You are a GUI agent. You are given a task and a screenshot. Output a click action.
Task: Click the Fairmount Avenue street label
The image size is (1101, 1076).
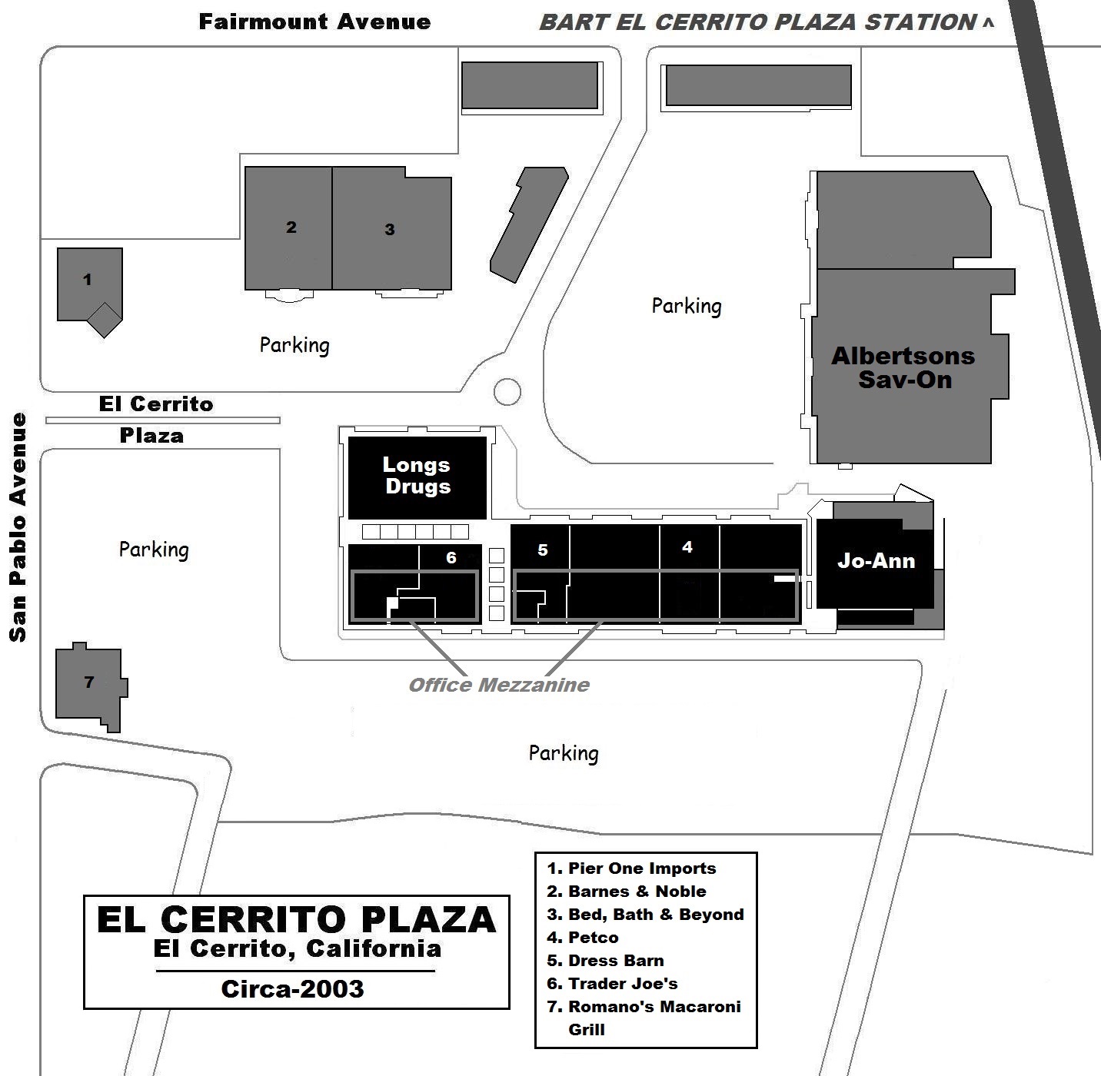(314, 22)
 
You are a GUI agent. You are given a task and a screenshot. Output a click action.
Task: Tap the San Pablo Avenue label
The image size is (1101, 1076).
(18, 527)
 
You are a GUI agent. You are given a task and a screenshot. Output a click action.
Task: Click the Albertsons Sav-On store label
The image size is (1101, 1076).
(903, 367)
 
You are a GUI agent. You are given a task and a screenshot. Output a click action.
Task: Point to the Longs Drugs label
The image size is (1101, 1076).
(417, 476)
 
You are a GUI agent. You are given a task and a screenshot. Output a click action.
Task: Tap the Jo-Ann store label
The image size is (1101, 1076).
(876, 561)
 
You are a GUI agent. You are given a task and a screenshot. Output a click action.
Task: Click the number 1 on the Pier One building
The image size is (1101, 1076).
(87, 279)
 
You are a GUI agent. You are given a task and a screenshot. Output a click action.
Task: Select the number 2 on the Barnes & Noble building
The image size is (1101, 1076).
(291, 227)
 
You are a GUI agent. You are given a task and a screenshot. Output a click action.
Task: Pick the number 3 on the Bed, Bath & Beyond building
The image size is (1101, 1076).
(389, 230)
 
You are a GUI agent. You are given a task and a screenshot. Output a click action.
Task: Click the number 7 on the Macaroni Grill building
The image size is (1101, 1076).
(89, 682)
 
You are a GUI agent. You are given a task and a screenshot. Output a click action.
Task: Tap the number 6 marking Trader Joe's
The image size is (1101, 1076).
(451, 558)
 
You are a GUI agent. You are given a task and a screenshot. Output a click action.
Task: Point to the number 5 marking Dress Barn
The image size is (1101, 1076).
(543, 550)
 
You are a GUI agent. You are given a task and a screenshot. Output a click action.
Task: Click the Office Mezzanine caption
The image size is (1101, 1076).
(499, 686)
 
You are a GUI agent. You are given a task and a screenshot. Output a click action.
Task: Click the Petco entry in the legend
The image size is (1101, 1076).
(583, 938)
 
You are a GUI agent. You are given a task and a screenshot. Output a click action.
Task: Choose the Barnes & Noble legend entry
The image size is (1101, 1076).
(627, 891)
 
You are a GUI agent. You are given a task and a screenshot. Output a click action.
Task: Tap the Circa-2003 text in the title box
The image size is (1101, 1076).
(292, 989)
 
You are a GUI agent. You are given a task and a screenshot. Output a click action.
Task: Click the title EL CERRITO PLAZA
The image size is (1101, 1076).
(297, 919)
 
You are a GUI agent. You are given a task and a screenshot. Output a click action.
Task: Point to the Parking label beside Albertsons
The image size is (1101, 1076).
(687, 306)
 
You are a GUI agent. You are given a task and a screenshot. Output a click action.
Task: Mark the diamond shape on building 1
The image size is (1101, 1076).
(104, 320)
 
